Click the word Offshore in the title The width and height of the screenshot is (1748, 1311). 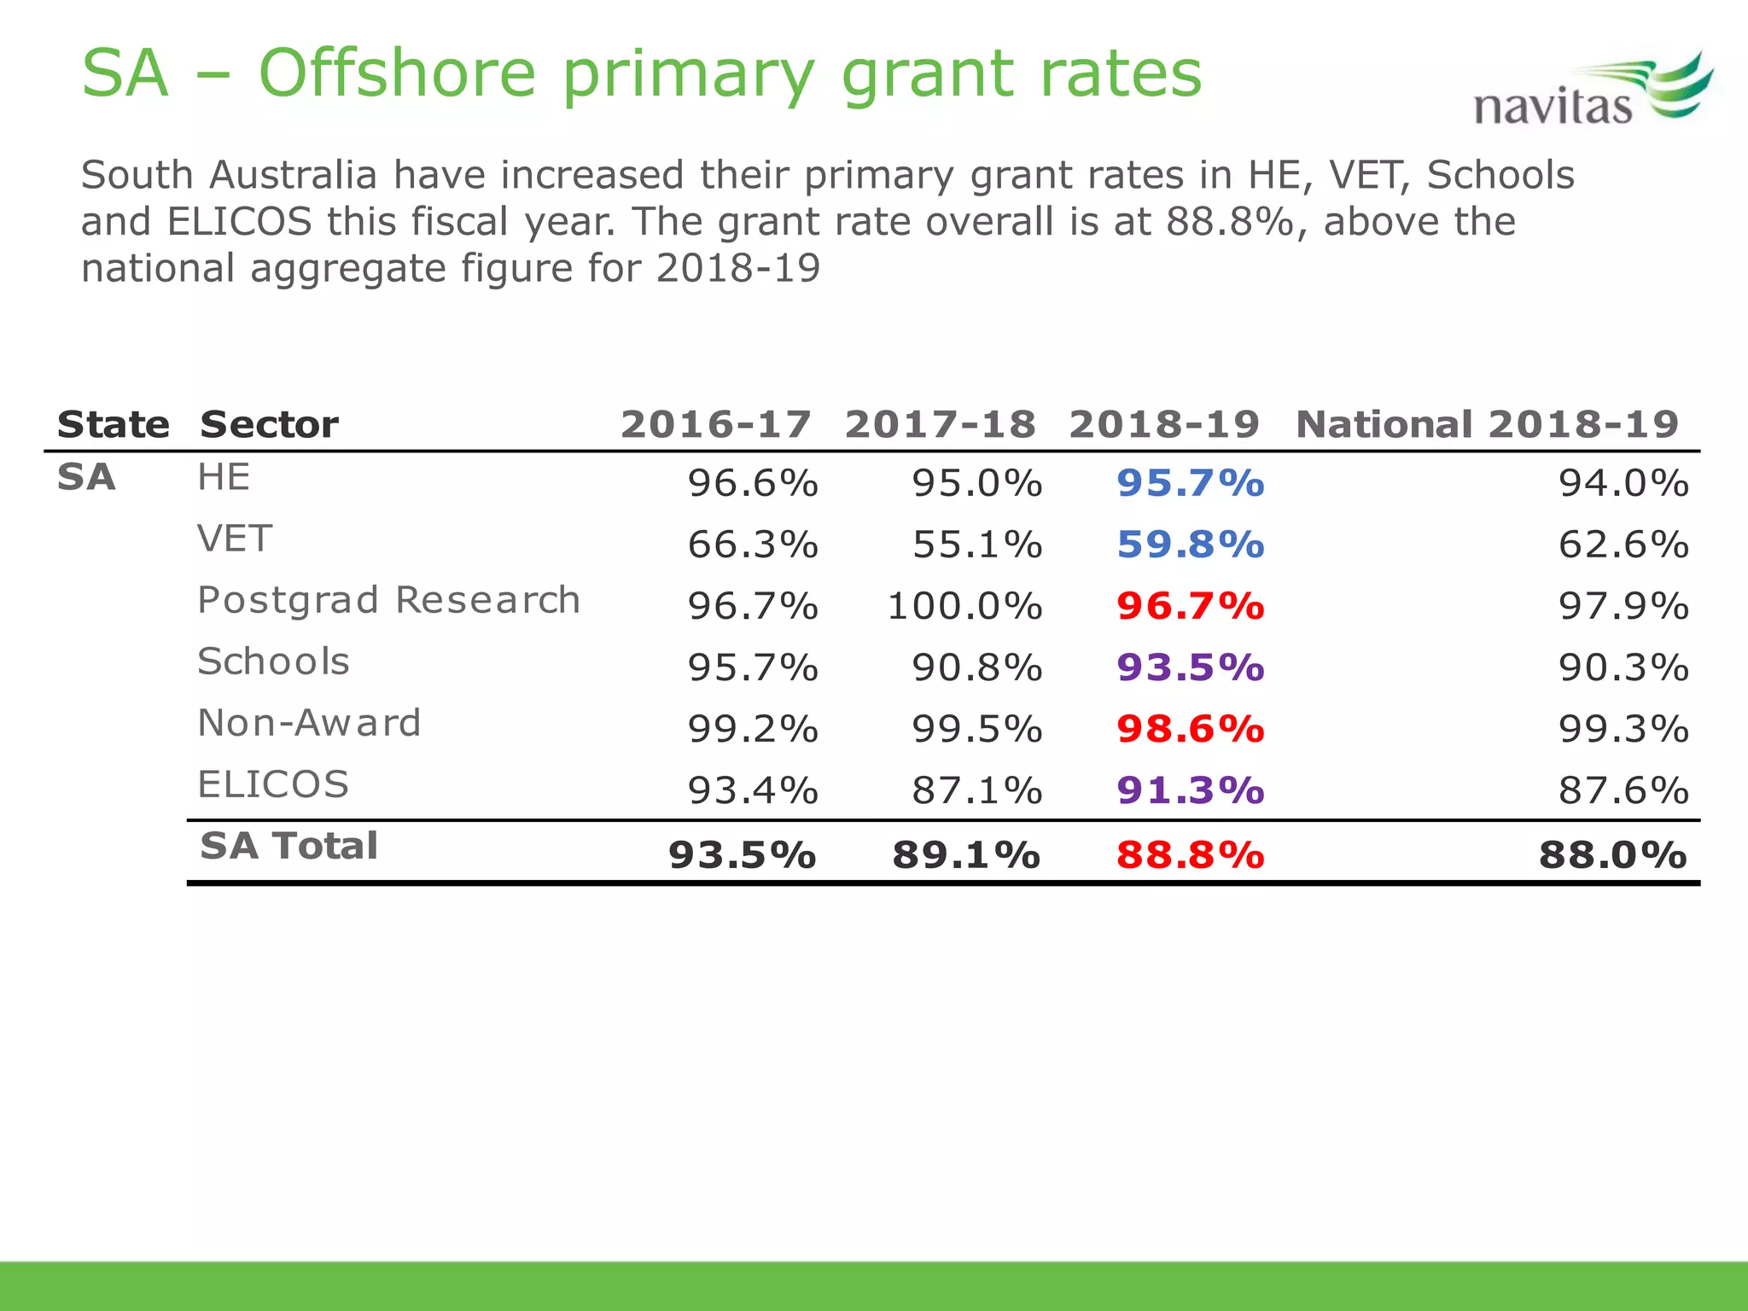(397, 73)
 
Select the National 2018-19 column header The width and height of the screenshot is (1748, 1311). (1487, 424)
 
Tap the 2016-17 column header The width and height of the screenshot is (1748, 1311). (715, 424)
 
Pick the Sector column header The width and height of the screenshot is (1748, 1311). (269, 424)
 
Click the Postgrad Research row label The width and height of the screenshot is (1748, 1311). (388, 600)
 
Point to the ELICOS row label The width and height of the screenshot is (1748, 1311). (273, 784)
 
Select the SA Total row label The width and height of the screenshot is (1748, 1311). (288, 846)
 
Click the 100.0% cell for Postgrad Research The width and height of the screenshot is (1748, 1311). (964, 606)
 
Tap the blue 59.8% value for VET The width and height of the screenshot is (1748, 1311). (1190, 545)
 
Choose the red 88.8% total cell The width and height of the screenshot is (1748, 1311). (1190, 854)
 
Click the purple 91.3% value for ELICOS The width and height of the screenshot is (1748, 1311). (1190, 790)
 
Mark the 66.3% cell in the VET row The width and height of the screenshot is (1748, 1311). (753, 545)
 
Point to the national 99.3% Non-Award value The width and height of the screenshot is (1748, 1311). (1623, 729)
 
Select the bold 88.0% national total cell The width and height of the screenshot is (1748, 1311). (1612, 854)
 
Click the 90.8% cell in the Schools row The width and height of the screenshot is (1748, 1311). (976, 667)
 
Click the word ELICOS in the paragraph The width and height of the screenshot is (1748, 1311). (240, 222)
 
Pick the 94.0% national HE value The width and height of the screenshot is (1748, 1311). (1623, 483)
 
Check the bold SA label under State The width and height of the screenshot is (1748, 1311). (86, 477)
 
